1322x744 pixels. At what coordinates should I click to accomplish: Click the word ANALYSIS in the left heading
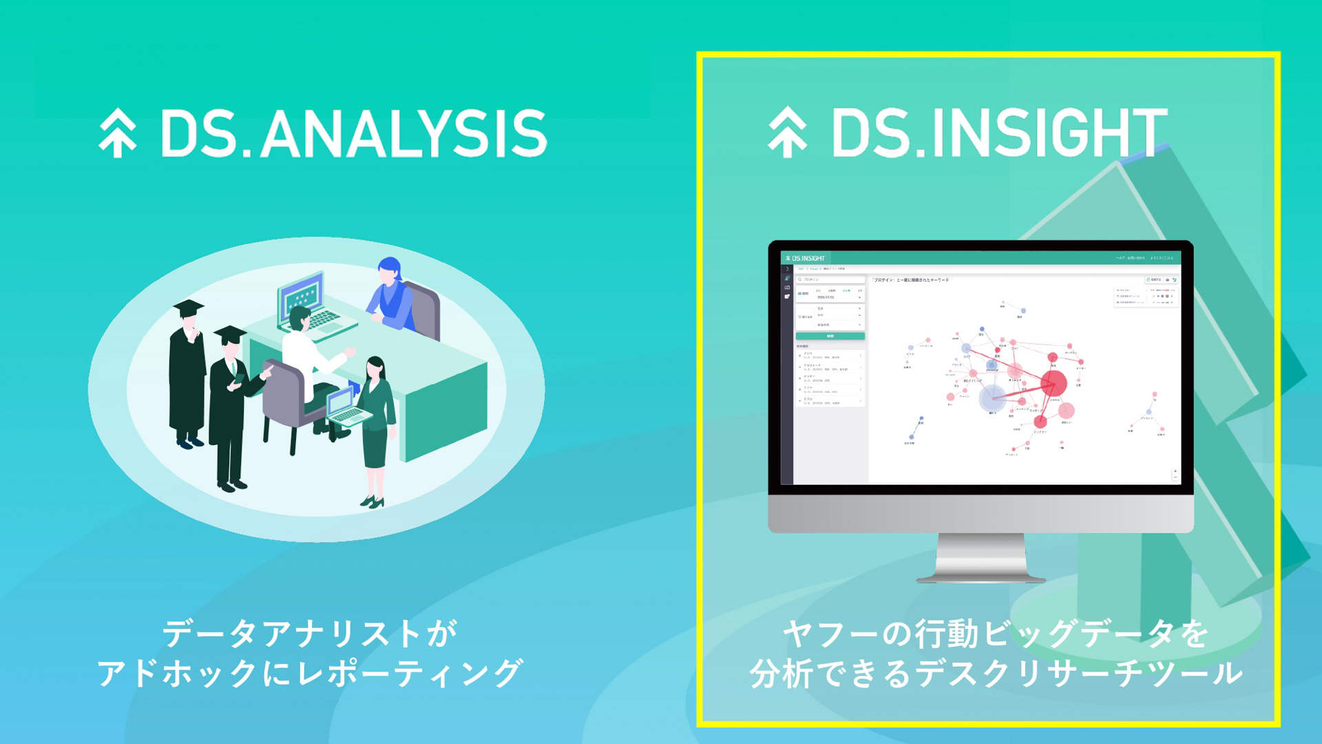coord(403,134)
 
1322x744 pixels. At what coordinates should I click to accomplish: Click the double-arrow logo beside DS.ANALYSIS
coord(118,133)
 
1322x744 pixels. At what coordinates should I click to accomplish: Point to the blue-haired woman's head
coord(389,268)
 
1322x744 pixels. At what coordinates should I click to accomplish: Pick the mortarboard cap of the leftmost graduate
coord(188,307)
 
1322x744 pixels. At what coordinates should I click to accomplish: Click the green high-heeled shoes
coord(372,502)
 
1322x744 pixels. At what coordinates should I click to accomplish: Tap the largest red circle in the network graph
coord(1053,383)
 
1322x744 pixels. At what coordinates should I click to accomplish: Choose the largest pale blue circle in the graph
coord(992,398)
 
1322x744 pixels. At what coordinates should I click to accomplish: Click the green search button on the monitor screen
coord(830,336)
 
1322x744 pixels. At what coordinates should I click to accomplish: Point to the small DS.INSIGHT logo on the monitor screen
coord(805,258)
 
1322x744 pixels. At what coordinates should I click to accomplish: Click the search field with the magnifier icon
coord(830,280)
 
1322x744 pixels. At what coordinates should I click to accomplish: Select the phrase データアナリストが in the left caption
coord(309,633)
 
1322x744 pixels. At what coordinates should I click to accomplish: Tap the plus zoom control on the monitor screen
coord(1175,471)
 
